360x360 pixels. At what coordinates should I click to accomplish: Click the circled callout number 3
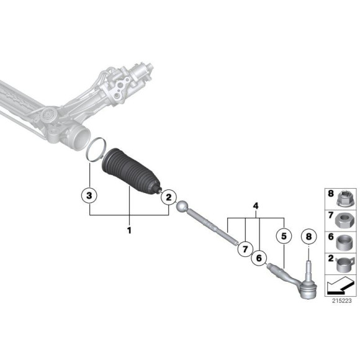[x=90, y=196]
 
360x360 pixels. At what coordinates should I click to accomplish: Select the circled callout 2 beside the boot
[x=167, y=197]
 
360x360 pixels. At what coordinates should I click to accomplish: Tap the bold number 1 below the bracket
[x=130, y=230]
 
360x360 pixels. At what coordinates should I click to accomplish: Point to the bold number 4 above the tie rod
[x=254, y=205]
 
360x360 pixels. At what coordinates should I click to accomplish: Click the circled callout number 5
[x=284, y=236]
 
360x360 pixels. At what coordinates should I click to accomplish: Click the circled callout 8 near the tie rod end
[x=308, y=236]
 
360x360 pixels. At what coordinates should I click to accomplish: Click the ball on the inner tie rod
[x=182, y=207]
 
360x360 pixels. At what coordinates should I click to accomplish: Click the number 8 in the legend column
[x=330, y=194]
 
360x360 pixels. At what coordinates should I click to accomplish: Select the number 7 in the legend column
[x=330, y=216]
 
